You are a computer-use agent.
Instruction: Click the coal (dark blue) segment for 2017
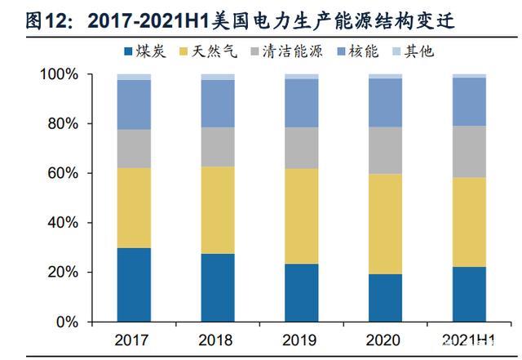click(x=134, y=285)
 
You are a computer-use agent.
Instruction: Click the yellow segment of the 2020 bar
click(x=385, y=224)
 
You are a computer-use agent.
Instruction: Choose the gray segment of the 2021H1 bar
click(x=469, y=152)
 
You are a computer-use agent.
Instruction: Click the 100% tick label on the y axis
click(x=61, y=75)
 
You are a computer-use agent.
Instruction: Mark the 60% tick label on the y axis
click(x=64, y=174)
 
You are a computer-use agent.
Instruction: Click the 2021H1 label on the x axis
click(x=469, y=338)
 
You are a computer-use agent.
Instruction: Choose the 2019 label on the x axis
click(x=301, y=338)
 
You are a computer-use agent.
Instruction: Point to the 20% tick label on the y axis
click(x=64, y=273)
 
